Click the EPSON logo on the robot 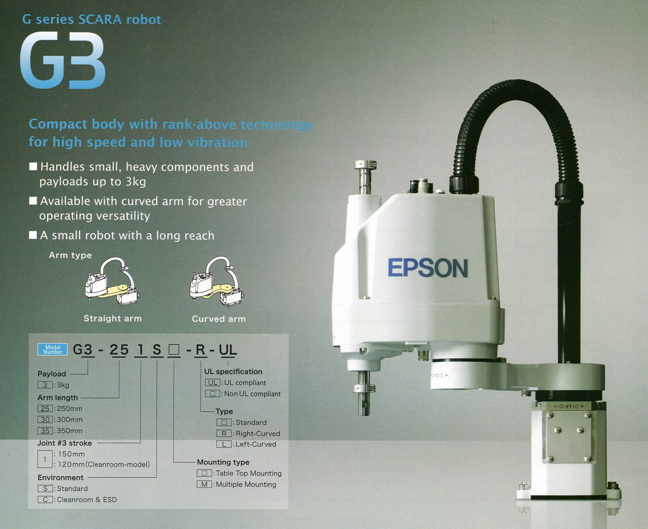(427, 268)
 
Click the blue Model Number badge (52, 349)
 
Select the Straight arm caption (113, 318)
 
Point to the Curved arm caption (218, 319)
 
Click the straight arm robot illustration (112, 282)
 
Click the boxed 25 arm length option (45, 409)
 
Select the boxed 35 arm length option (45, 431)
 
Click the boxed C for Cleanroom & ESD (45, 500)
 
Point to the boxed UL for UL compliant (213, 382)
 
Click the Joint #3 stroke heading (65, 443)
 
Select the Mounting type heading (223, 462)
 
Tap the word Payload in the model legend (52, 374)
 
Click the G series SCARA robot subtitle (92, 20)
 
